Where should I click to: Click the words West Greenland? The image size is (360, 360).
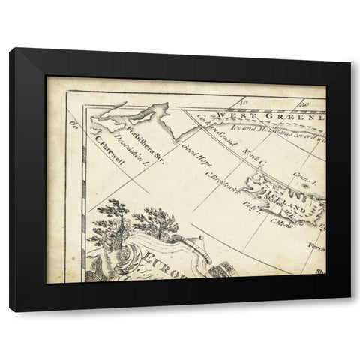(260, 115)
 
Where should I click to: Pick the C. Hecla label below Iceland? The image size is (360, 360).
(280, 223)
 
